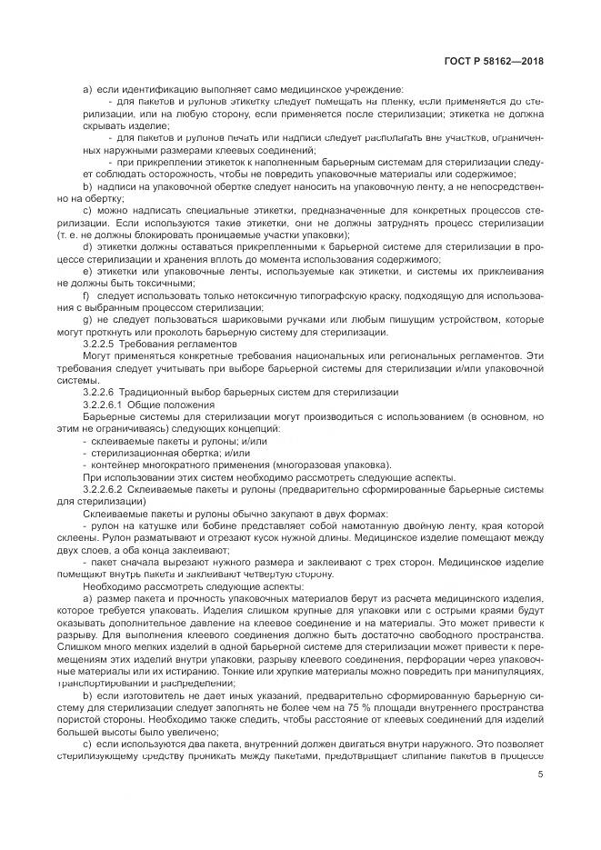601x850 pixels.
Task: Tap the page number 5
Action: click(540, 775)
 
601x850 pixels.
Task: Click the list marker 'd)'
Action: click(87, 246)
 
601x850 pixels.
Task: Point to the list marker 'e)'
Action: click(87, 271)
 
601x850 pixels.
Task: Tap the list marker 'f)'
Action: click(86, 295)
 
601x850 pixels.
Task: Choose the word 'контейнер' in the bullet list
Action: click(115, 464)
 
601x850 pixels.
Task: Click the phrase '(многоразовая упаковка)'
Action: click(328, 464)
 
